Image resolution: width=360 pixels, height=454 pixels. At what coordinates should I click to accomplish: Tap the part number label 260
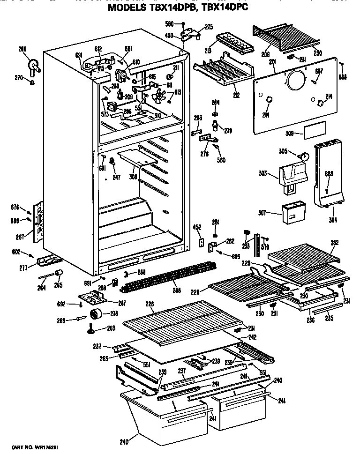[x=22, y=49]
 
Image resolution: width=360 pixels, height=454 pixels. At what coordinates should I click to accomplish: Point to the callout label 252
[x=334, y=243]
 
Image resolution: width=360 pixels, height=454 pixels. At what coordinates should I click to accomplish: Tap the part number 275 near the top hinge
[x=209, y=27]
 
